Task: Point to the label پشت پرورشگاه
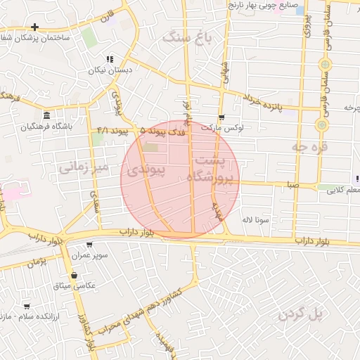tap(211, 169)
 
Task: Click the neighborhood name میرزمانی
tap(82, 167)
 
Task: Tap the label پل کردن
tap(300, 314)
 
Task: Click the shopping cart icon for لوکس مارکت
tap(222, 117)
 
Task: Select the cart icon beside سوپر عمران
tap(89, 245)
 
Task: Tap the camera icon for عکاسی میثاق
tap(75, 275)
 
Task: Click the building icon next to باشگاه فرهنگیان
tap(46, 115)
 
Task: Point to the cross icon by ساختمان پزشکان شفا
tap(34, 27)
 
